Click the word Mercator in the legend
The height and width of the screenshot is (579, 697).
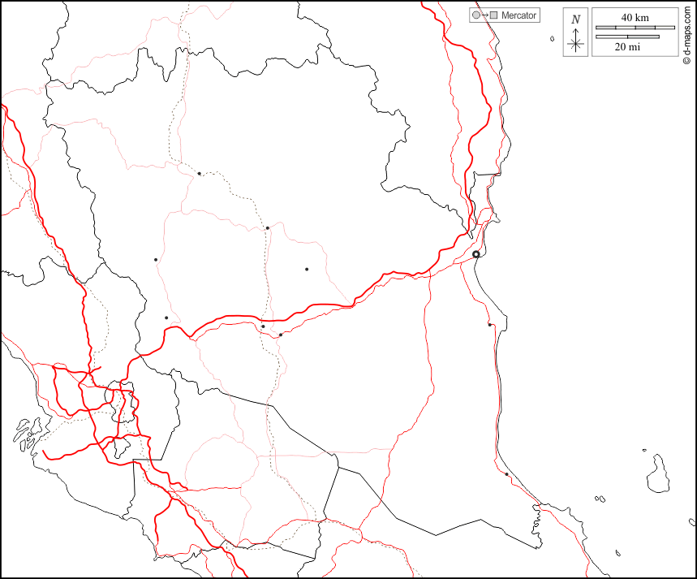[x=518, y=15]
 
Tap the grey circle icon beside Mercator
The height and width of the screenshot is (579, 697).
[x=476, y=15]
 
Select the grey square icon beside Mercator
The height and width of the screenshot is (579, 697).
[x=493, y=15]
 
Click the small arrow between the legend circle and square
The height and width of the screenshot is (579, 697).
[x=484, y=15]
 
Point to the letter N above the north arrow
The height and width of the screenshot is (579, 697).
[x=576, y=19]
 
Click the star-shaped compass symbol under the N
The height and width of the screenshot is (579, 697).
[x=576, y=42]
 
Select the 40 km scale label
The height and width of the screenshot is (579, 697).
[x=635, y=17]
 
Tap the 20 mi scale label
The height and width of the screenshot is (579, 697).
[x=627, y=47]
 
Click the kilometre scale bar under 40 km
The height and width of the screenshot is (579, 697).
[x=635, y=28]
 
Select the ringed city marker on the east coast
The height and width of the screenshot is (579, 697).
[x=476, y=254]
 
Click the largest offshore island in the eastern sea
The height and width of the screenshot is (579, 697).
[x=658, y=474]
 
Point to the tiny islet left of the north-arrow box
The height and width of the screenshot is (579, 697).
[x=552, y=38]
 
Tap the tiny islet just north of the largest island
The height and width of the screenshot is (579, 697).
[x=644, y=451]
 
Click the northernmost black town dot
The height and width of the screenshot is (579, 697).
[x=199, y=173]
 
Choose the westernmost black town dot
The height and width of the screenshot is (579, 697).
[x=156, y=260]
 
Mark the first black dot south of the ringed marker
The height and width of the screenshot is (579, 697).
[x=490, y=325]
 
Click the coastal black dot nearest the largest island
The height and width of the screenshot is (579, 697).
[x=506, y=474]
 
